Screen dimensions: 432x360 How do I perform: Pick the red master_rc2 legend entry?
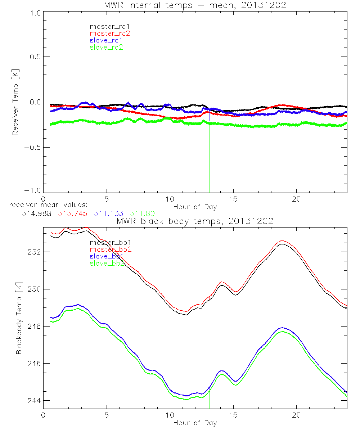pos(109,33)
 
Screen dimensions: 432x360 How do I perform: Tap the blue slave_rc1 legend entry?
pos(106,40)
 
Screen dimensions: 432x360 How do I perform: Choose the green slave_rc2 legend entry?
pos(106,47)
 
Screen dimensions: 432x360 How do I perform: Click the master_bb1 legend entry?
pos(107,242)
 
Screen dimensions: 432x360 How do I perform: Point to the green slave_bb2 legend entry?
pos(107,263)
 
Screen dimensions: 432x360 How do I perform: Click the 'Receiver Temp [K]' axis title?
pos(15,102)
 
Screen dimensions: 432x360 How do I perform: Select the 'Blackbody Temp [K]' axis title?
pos(19,318)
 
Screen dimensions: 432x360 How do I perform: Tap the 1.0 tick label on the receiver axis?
pos(35,12)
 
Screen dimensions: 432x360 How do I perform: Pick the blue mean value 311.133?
pos(108,213)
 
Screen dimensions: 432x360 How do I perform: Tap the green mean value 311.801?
pos(144,213)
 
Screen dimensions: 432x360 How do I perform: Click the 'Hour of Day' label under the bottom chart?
pos(195,423)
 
